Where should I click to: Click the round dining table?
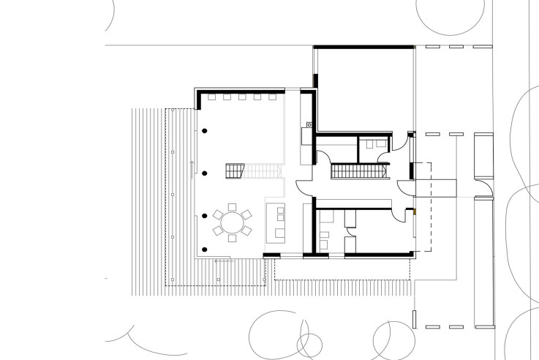(x=232, y=220)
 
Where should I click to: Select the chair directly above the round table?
(x=232, y=206)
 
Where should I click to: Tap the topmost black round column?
(x=205, y=130)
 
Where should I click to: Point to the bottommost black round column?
(x=205, y=216)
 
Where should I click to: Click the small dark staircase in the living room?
(x=234, y=171)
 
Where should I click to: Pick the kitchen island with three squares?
(x=279, y=222)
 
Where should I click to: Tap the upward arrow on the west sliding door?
(x=192, y=171)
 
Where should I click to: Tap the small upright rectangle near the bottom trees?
(x=414, y=318)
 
